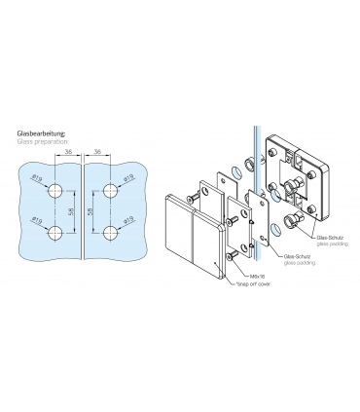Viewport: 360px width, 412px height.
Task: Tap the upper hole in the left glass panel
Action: [x=58, y=191]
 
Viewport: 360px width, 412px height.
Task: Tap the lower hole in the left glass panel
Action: [x=58, y=232]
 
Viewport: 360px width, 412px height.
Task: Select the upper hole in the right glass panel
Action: [x=107, y=191]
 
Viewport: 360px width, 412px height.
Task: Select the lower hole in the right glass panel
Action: [x=107, y=232]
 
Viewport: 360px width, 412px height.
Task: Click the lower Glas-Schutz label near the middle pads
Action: [x=296, y=257]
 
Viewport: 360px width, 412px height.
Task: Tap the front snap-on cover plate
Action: [x=191, y=234]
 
